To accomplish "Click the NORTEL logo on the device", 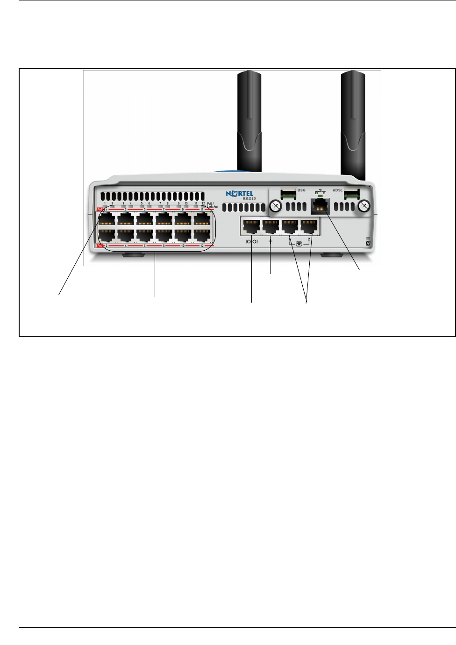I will click(x=240, y=194).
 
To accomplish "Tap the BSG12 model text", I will click(x=249, y=199).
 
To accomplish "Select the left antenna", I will click(x=249, y=122).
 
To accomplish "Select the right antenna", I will click(x=353, y=124).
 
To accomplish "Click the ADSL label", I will click(x=337, y=190).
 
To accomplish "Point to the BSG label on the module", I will click(x=301, y=190).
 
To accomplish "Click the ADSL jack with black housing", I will click(x=320, y=206).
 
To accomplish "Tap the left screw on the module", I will click(x=276, y=205).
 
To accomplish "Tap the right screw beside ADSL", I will click(x=364, y=205).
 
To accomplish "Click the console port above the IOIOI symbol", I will click(x=251, y=227).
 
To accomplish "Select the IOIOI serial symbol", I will click(x=251, y=242).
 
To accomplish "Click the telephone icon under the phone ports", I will click(x=299, y=244).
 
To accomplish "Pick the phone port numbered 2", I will click(x=308, y=227).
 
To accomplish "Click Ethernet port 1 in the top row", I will click(x=107, y=219).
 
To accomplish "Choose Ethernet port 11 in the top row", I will click(x=202, y=219).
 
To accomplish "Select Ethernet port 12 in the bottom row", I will click(x=202, y=235).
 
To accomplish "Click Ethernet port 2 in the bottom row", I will click(x=107, y=235).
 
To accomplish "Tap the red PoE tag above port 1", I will click(x=100, y=209).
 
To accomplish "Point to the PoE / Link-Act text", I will click(x=212, y=205).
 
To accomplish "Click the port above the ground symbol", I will click(x=271, y=227).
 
